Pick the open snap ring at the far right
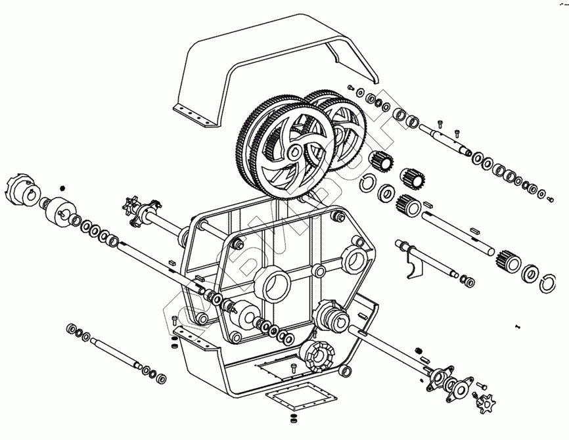point(548,283)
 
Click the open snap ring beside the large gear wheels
point(369,184)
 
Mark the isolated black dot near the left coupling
point(63,187)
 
